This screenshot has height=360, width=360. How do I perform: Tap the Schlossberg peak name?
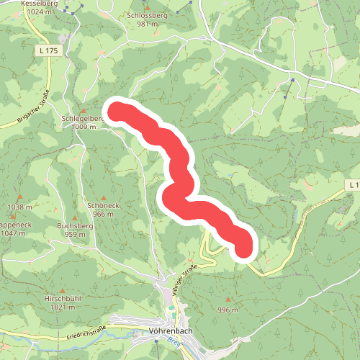coord(147,14)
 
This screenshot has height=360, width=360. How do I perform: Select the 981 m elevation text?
coord(147,23)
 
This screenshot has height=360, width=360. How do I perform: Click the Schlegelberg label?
coord(84,118)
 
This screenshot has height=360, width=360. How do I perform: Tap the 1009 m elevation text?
coord(84,127)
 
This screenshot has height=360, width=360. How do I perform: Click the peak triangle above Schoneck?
coord(104,197)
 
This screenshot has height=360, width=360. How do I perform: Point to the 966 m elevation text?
coord(104,215)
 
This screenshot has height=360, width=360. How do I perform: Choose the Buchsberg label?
coord(76,225)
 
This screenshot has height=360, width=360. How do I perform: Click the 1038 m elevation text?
coord(19,207)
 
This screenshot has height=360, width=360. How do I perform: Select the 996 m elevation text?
coord(228,310)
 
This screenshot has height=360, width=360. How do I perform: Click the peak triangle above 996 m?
coord(228,300)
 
